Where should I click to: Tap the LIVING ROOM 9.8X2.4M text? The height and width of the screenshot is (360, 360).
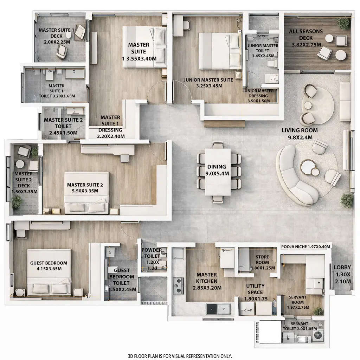(300, 134)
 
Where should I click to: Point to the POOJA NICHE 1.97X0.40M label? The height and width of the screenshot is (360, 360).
(306, 247)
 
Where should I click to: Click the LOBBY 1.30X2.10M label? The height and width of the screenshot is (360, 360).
(342, 274)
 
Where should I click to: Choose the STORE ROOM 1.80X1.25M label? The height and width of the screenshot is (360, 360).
(262, 262)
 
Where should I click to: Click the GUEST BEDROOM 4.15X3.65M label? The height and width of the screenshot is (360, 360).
(49, 266)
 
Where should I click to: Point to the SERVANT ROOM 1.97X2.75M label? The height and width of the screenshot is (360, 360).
(297, 302)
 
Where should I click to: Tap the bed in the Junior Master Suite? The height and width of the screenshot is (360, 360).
(219, 51)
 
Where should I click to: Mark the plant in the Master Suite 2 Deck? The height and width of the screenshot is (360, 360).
(17, 202)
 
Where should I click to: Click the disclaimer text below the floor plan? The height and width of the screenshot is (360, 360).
(180, 356)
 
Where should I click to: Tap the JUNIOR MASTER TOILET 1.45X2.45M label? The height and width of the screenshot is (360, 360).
(262, 48)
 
